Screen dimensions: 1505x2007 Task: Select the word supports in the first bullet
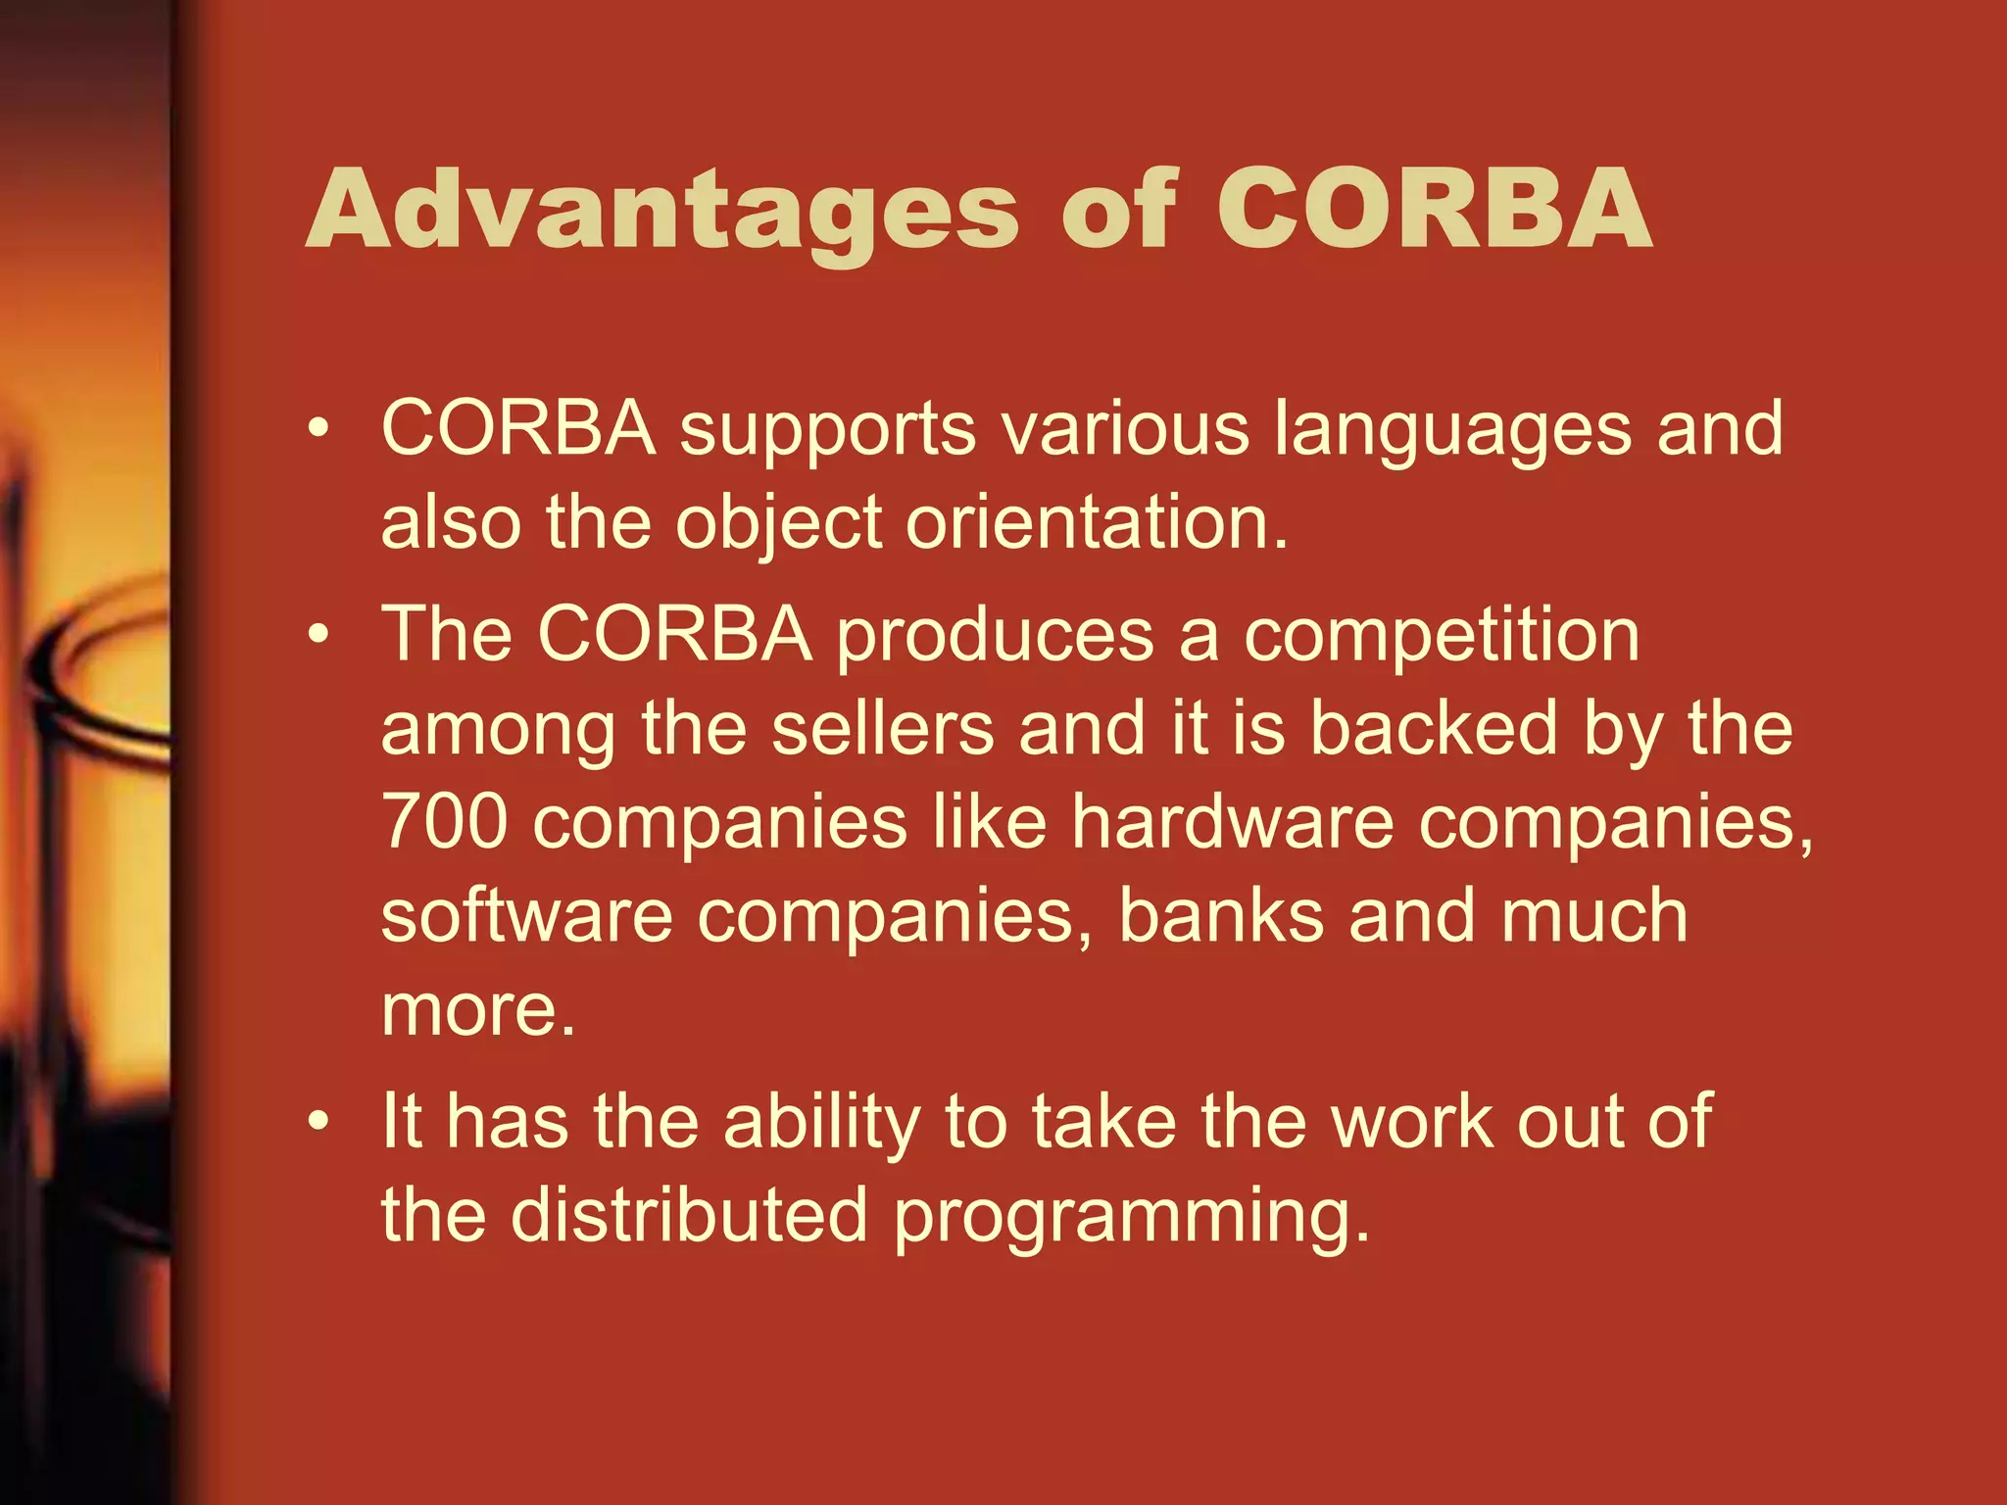(x=828, y=431)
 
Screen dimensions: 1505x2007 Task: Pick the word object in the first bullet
(x=779, y=524)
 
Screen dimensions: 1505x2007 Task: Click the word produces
(x=995, y=637)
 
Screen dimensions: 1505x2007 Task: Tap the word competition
(x=1442, y=637)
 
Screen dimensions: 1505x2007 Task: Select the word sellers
(x=883, y=729)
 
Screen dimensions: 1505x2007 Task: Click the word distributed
(x=689, y=1215)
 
